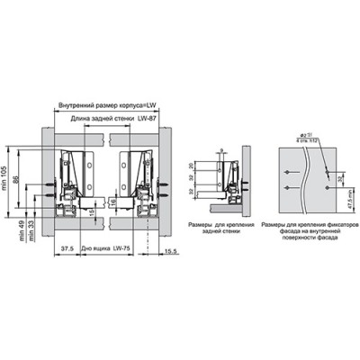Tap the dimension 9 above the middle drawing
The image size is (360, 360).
pos(219,150)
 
